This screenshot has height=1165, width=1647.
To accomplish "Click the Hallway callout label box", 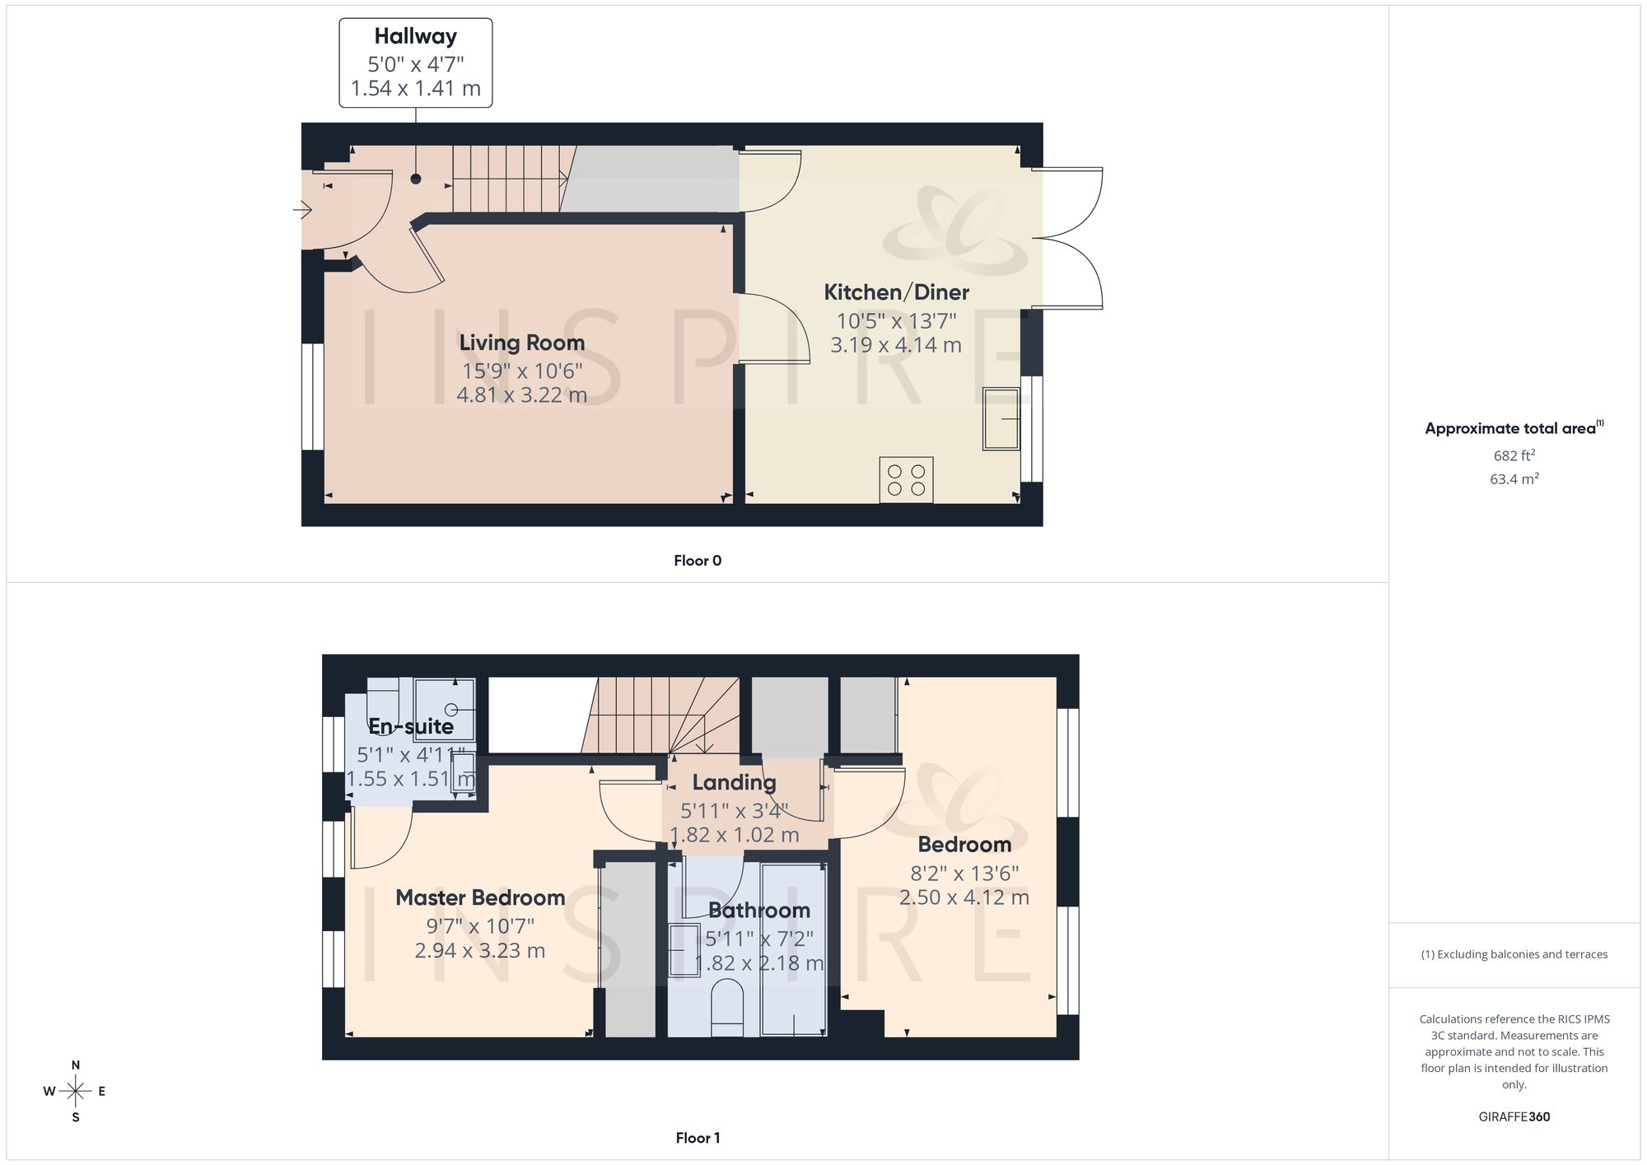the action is click(x=416, y=63).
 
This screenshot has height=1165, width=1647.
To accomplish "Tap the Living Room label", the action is click(x=522, y=343).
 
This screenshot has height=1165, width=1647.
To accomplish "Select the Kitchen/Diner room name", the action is click(x=897, y=292).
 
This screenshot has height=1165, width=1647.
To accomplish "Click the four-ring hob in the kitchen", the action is click(x=907, y=480).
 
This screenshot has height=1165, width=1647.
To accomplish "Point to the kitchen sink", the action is click(x=1001, y=419).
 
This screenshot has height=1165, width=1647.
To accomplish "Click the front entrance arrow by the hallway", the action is click(x=302, y=211).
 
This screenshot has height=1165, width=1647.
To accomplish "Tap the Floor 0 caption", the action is click(x=698, y=561).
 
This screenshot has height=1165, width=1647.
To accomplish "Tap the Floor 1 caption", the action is click(x=698, y=1138).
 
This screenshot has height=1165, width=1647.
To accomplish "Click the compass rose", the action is click(x=75, y=1092).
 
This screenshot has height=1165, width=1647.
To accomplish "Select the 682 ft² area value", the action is click(x=1514, y=455).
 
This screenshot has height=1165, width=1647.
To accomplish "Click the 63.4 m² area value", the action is click(x=1514, y=478).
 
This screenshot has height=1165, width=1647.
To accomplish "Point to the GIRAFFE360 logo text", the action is click(x=1514, y=1117).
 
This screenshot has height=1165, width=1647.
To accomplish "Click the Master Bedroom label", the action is click(x=480, y=897).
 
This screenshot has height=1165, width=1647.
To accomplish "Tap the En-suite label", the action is click(x=411, y=726).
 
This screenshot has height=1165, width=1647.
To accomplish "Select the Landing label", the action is click(x=734, y=782).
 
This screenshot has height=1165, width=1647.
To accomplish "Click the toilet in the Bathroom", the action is click(x=727, y=1007).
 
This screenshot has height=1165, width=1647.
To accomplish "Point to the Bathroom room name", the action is click(x=759, y=911).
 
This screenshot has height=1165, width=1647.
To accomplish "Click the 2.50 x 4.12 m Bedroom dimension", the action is click(x=964, y=897).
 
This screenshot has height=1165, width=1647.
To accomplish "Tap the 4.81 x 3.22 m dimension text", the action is click(x=522, y=395).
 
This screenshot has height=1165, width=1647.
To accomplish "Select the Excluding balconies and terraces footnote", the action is click(x=1514, y=954).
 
